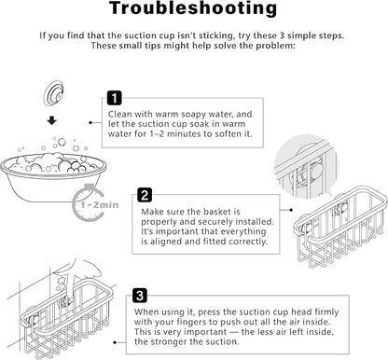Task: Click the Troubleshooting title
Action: click(x=193, y=8)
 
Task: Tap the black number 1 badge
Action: click(x=115, y=98)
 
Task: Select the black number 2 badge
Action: click(x=145, y=195)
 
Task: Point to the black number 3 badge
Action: click(x=140, y=296)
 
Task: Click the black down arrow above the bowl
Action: click(x=51, y=120)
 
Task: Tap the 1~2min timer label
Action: click(x=100, y=205)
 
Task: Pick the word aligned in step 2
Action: click(x=166, y=242)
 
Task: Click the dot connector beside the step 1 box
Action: click(x=90, y=123)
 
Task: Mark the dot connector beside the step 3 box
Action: click(x=115, y=342)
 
